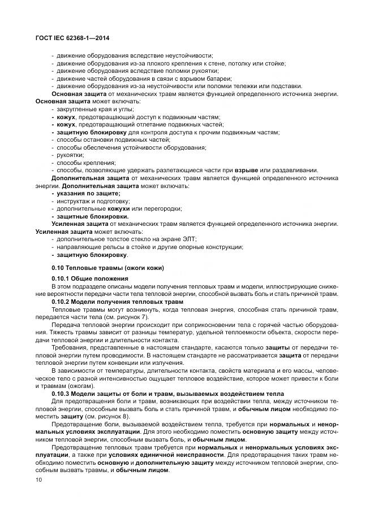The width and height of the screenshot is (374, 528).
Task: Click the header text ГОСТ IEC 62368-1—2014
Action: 73,38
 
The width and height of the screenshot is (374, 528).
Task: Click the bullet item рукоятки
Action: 70,155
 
